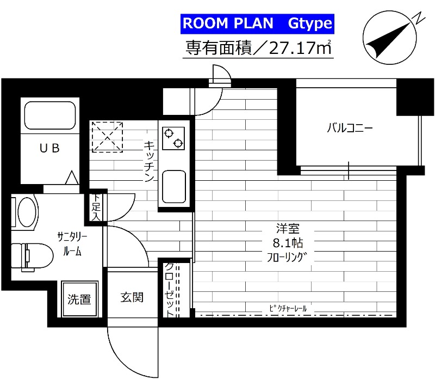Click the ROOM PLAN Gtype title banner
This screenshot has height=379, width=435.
pos(256,24)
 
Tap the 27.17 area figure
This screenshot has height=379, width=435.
pos(293,48)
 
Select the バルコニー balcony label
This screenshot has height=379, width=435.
pos(350,129)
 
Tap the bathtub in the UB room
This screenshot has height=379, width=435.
pos(51,115)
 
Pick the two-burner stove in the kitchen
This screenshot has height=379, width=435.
pos(173,137)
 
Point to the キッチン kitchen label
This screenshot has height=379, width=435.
pos(150,162)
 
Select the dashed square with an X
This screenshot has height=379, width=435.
pos(107,136)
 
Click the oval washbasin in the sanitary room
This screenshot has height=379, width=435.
pos(26,212)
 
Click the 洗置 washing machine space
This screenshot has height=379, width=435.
pos(79,299)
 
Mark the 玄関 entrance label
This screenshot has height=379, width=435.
pos(132,297)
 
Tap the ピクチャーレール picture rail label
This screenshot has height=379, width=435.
pos(288,309)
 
